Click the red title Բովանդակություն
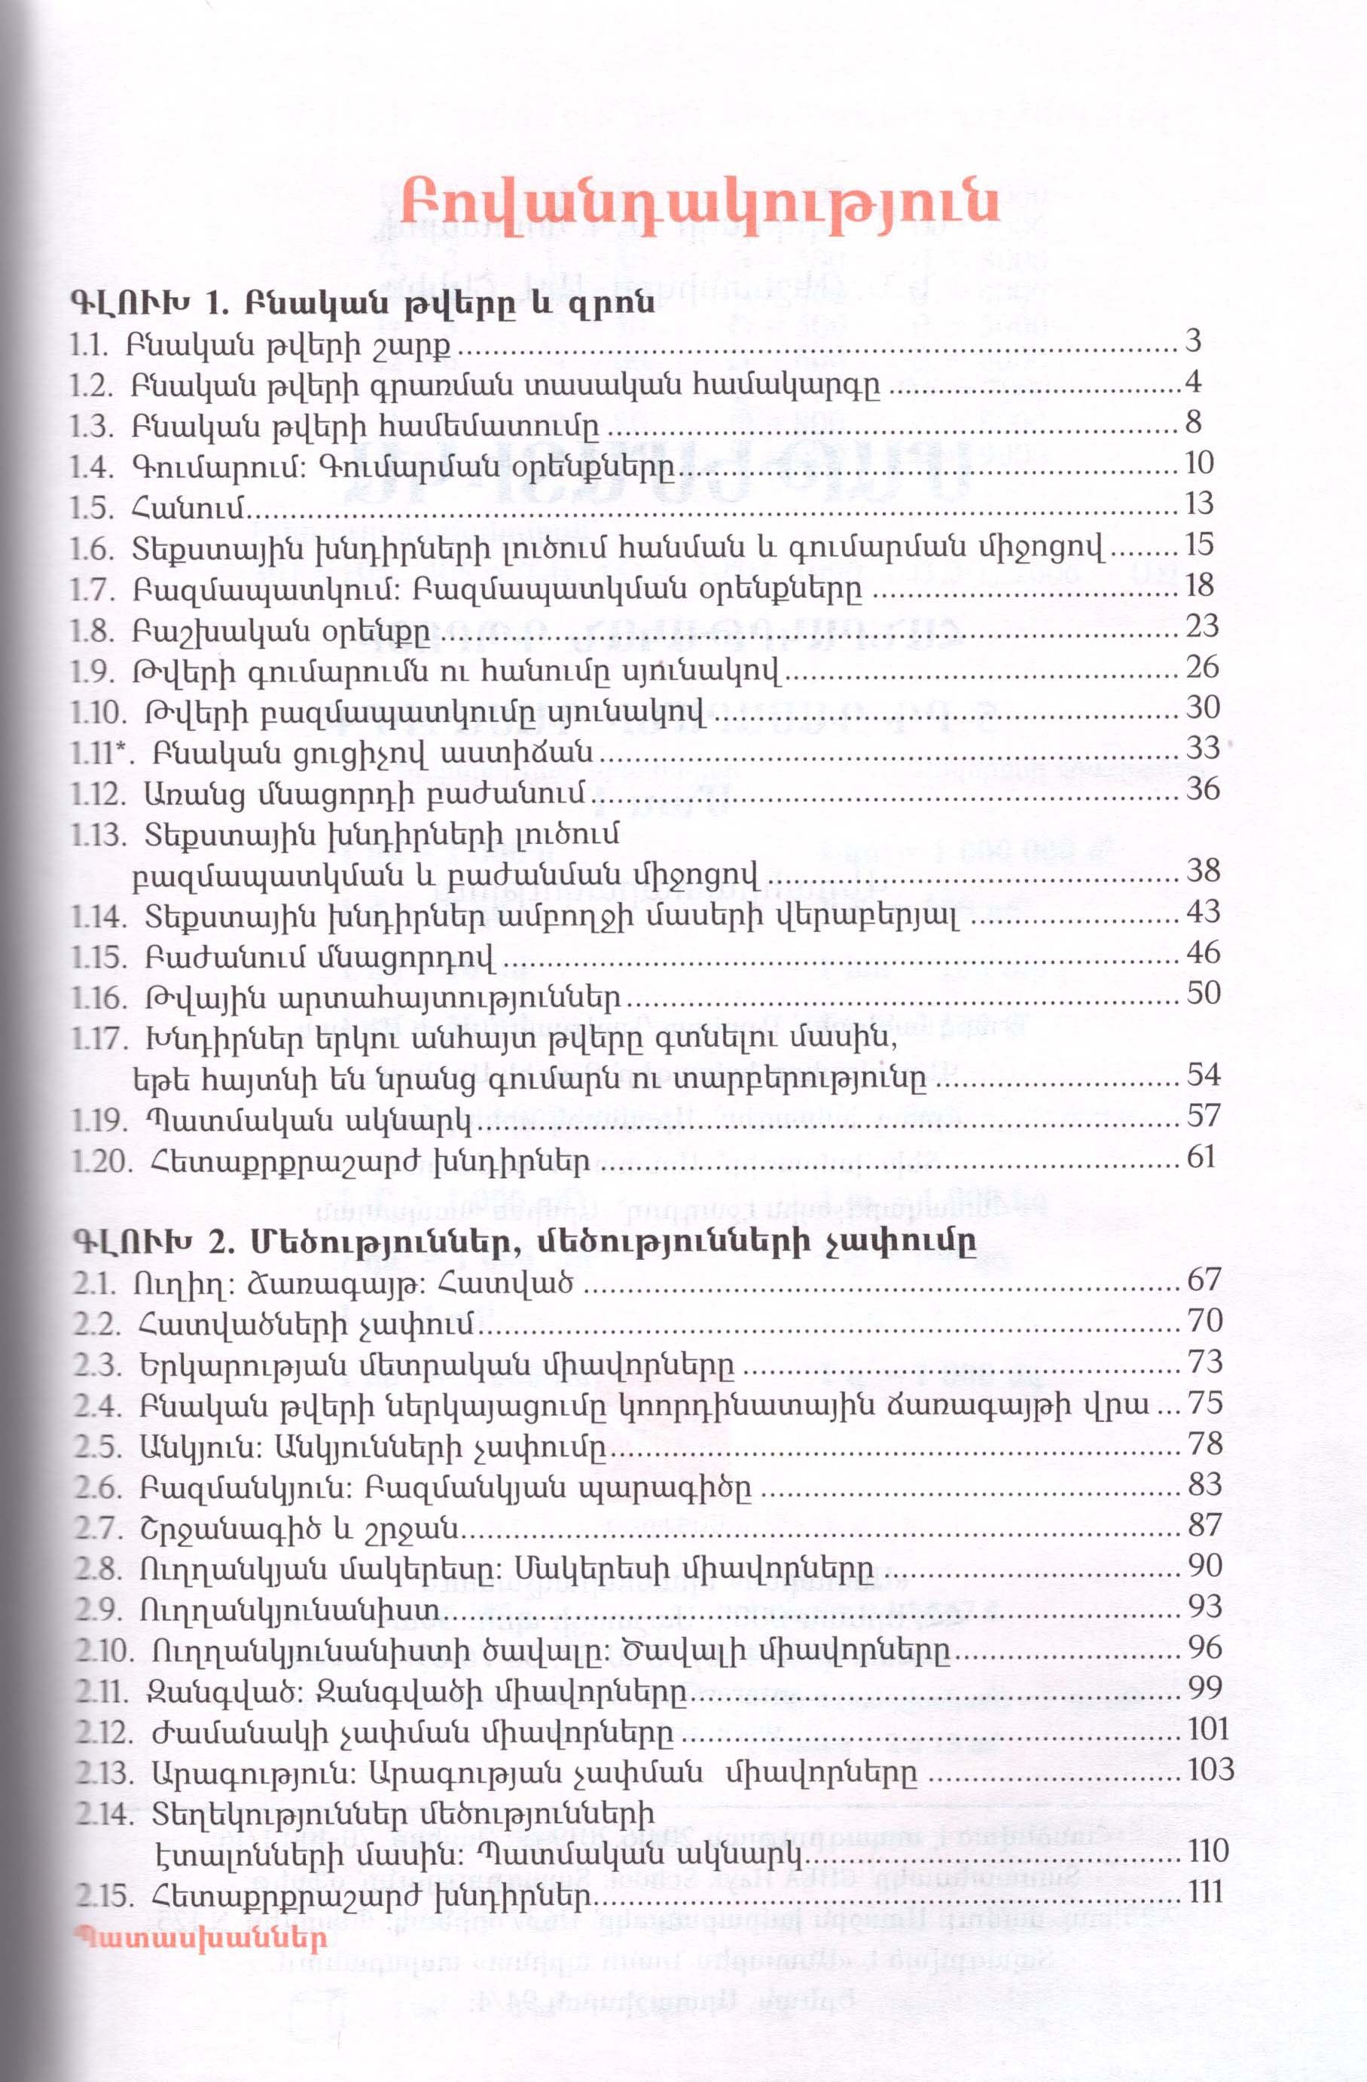(x=700, y=212)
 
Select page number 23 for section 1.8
(x=1202, y=626)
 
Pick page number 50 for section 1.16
(x=1203, y=993)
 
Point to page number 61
(x=1202, y=1157)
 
